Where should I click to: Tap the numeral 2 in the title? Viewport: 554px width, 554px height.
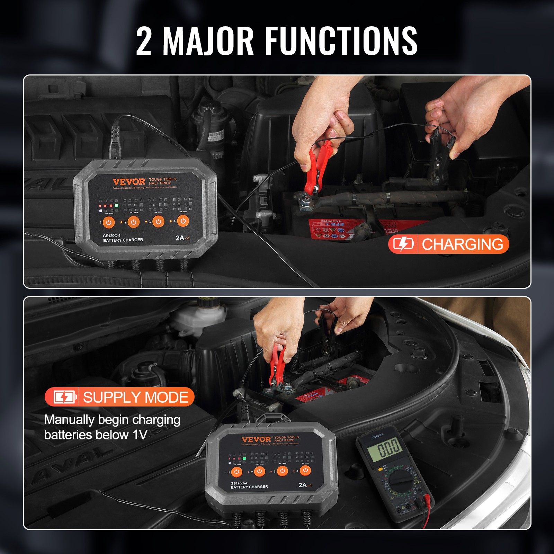[144, 42]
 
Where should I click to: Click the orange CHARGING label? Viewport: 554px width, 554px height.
[462, 244]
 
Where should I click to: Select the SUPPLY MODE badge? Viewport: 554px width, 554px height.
[119, 397]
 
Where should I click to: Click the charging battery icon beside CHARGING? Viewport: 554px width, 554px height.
[403, 244]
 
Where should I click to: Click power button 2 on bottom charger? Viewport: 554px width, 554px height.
[259, 471]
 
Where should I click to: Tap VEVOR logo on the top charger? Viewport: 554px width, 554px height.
[129, 182]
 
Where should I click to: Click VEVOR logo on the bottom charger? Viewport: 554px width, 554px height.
[257, 439]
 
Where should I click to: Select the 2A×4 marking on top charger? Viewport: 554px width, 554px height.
[182, 238]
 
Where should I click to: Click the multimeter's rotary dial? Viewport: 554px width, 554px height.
[400, 481]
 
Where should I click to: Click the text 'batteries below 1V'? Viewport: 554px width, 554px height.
[96, 435]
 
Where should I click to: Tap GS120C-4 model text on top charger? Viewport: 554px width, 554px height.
[111, 235]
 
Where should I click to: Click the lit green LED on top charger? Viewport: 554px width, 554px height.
[117, 206]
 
